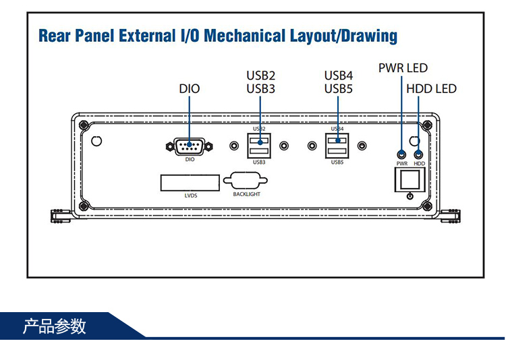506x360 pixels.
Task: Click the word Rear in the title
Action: (55, 36)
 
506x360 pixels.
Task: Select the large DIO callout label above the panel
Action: (190, 88)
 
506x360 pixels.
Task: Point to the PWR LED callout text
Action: (403, 68)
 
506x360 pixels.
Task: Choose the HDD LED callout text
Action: (431, 88)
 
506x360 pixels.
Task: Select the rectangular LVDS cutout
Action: (190, 182)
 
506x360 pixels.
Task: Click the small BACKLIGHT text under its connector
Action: (246, 194)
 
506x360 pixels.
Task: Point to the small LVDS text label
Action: (190, 196)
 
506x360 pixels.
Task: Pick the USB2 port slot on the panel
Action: (260, 140)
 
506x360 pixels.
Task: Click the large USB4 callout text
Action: (339, 76)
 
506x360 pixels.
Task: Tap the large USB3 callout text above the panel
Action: (260, 88)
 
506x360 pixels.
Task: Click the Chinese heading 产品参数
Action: (55, 327)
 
